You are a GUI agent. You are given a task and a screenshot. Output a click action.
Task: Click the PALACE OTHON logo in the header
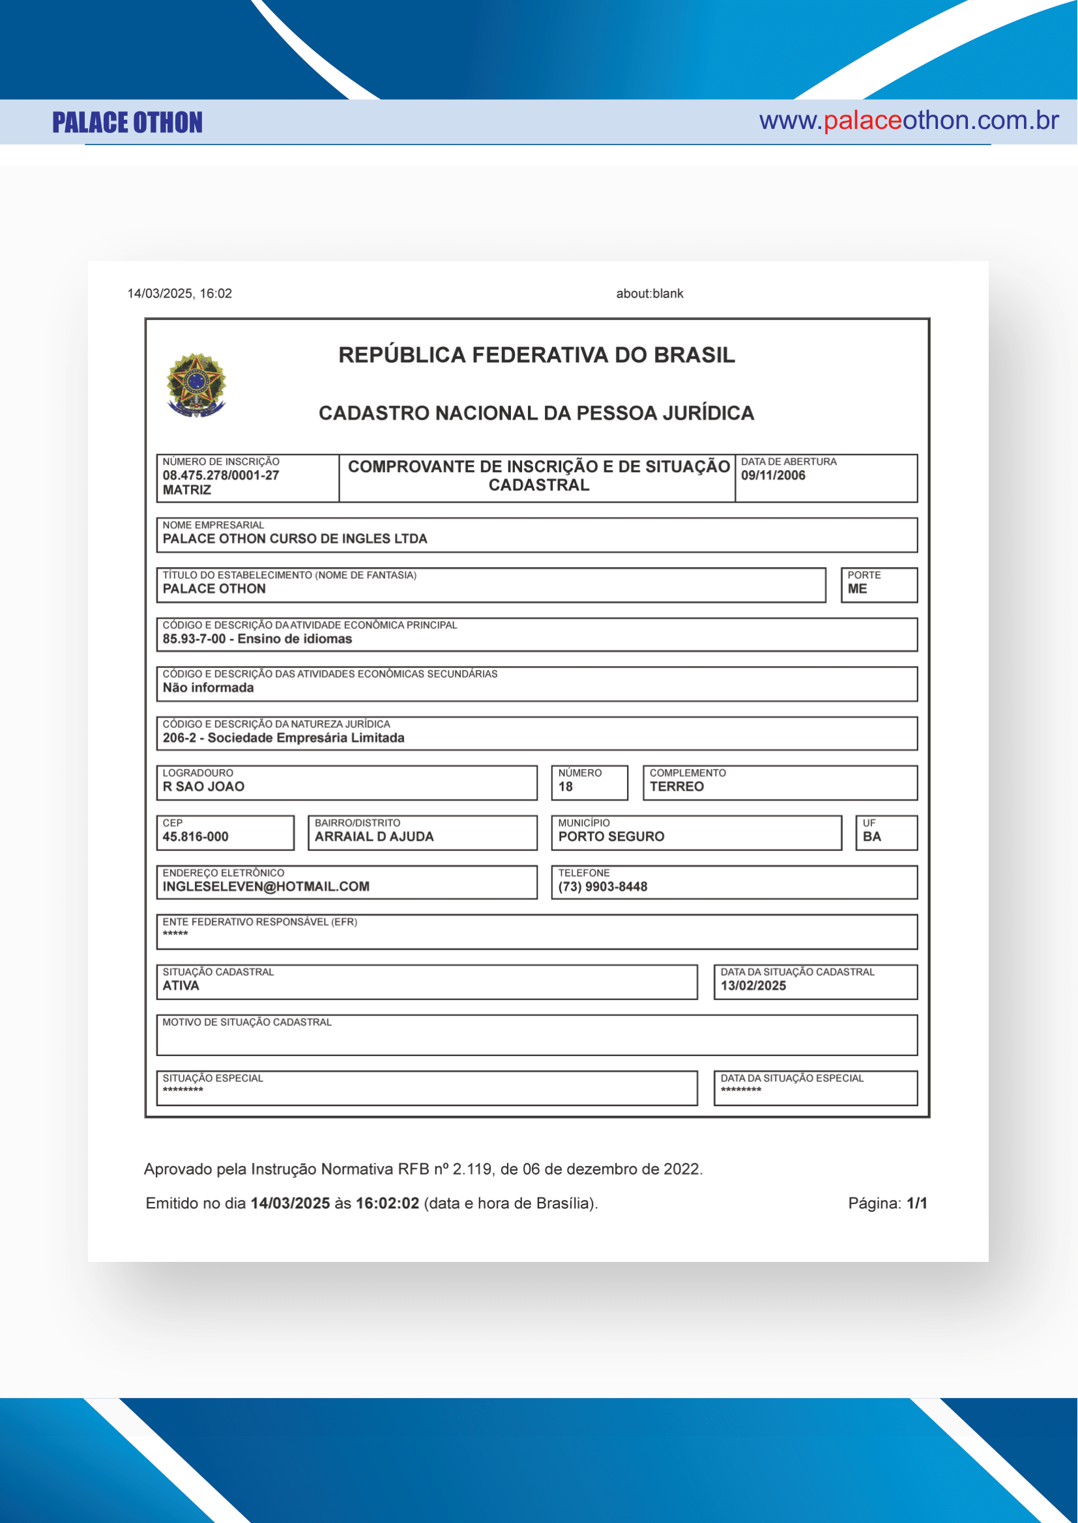pos(128,122)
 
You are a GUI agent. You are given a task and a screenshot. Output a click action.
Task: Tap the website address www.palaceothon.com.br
pos(908,120)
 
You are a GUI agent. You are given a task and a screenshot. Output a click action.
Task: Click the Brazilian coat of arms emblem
pos(196,385)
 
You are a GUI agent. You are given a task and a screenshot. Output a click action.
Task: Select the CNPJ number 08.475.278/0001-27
pos(221,475)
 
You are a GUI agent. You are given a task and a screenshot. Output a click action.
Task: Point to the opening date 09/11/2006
pos(773,475)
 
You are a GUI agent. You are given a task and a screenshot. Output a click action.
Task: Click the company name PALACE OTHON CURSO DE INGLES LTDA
pos(295,538)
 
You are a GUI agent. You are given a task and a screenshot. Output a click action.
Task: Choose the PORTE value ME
pos(857,589)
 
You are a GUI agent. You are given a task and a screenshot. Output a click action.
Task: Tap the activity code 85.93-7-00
pos(194,639)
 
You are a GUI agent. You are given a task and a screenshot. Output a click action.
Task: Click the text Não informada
pos(209,688)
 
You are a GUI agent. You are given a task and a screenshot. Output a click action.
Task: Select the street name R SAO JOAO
pos(204,787)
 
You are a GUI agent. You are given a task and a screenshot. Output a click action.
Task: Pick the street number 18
pos(566,787)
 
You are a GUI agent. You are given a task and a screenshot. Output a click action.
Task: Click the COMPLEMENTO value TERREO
pos(677,787)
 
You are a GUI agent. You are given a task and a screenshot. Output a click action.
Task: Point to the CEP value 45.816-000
pos(195,837)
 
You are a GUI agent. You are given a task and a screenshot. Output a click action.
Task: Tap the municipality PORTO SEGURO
pos(611,837)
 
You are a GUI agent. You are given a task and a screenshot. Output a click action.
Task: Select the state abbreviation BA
pos(871,837)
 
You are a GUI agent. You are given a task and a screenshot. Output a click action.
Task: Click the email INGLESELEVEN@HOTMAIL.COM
pos(266,887)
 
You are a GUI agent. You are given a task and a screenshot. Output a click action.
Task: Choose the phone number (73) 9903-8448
pos(603,887)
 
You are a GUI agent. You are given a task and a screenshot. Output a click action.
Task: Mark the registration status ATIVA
pos(181,986)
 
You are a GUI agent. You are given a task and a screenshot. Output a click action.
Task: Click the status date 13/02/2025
pos(753,986)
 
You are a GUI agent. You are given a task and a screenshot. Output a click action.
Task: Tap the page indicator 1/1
pos(917,1203)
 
